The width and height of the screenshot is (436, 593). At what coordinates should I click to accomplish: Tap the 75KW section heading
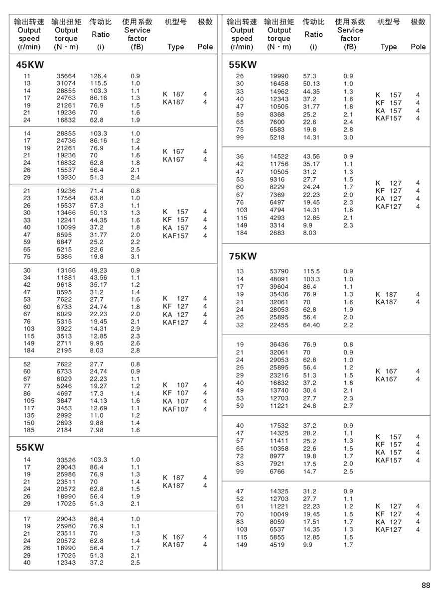243,256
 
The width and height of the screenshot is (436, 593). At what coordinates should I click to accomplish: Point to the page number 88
425,585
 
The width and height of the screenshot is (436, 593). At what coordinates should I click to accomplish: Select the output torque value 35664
66,76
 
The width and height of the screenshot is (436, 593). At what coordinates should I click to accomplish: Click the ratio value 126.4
99,76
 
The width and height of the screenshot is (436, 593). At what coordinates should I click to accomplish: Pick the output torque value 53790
279,271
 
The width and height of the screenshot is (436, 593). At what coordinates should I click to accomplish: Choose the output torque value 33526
66,460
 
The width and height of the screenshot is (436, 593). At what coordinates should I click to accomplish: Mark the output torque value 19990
279,76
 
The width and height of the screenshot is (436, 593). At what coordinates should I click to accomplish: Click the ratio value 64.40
311,325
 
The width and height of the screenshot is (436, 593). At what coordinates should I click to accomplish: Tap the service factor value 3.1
135,256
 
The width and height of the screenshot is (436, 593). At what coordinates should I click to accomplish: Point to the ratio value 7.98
97,430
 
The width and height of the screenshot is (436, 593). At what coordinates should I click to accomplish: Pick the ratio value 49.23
98,270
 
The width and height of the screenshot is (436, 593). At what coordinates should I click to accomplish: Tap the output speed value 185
27,430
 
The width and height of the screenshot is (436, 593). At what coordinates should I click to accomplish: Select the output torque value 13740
279,391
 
